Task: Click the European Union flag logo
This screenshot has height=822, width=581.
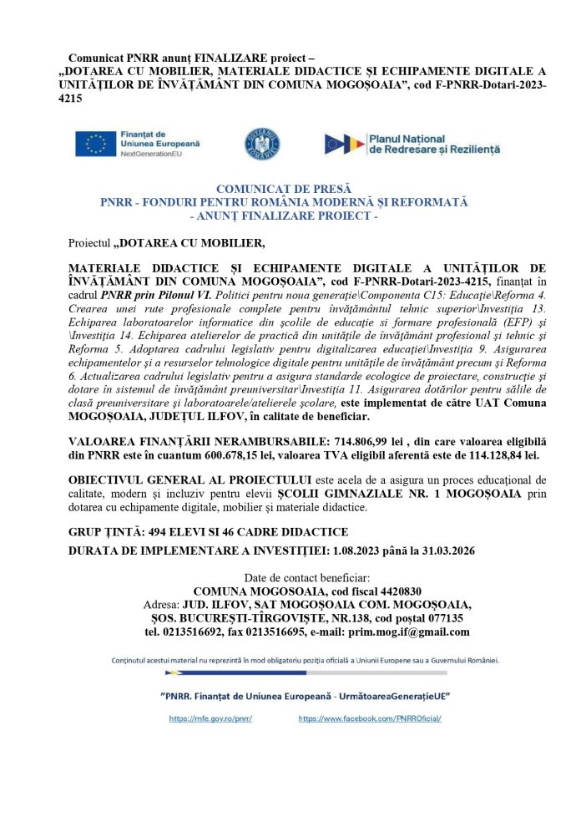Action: pyautogui.click(x=95, y=144)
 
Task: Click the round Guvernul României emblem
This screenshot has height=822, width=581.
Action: pyautogui.click(x=262, y=144)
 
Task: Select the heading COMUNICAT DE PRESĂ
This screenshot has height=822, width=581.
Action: pyautogui.click(x=284, y=190)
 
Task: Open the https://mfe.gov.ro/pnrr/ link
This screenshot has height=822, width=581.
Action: pyautogui.click(x=210, y=718)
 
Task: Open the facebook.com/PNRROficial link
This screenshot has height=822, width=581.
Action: pyautogui.click(x=369, y=718)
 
